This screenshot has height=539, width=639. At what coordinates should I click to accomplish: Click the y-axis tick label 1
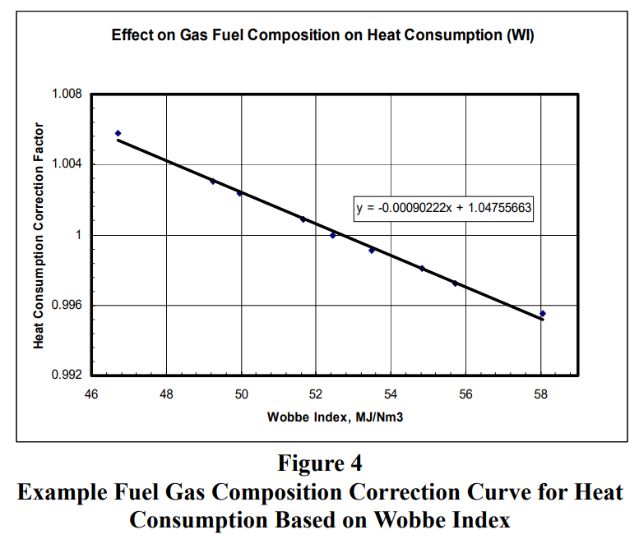tap(78, 235)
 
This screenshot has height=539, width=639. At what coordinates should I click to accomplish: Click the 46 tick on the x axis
tap(91, 392)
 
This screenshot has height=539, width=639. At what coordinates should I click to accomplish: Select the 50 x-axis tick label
tap(241, 392)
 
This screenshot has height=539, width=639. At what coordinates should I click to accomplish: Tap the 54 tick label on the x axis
tap(391, 392)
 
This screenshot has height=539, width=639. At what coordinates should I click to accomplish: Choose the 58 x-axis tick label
tap(541, 392)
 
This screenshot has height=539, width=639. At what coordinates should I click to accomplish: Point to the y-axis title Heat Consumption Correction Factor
tap(39, 235)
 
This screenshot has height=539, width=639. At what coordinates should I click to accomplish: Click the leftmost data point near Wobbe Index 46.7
tap(118, 133)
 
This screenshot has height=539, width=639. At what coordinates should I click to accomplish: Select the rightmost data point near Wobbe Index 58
tap(543, 313)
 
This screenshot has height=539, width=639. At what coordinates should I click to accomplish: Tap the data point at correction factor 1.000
tap(333, 235)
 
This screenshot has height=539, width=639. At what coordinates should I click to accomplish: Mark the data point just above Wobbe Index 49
tap(212, 181)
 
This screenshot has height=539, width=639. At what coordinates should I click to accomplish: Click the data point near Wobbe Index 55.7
tap(455, 283)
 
